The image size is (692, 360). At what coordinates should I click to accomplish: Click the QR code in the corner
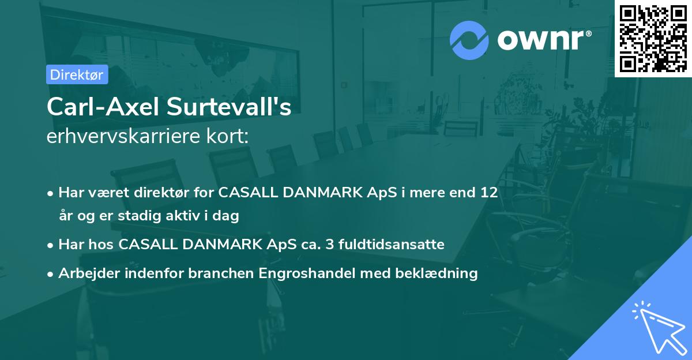point(653,38)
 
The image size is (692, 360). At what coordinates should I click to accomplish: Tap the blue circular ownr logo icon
point(469,40)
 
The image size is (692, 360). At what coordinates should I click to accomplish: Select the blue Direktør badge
point(76,74)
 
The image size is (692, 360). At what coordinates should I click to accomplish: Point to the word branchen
point(223,273)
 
